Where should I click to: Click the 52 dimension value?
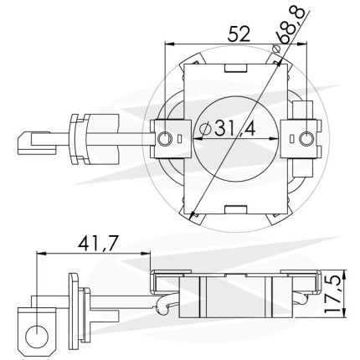[239, 34]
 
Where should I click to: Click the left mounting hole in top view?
[164, 138]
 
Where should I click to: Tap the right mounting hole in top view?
[306, 138]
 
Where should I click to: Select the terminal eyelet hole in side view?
[37, 337]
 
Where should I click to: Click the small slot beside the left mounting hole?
[179, 138]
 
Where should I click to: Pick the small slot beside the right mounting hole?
[292, 138]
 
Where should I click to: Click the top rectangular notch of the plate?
[236, 69]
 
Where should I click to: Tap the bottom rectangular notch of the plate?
[236, 210]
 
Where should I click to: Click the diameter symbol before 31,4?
[206, 129]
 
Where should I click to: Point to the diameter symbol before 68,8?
[275, 49]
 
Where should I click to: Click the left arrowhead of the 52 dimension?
[169, 44]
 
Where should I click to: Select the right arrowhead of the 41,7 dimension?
[146, 254]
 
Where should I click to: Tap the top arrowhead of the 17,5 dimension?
[345, 275]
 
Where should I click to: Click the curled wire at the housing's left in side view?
[163, 304]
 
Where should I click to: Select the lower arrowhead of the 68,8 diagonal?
[192, 215]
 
